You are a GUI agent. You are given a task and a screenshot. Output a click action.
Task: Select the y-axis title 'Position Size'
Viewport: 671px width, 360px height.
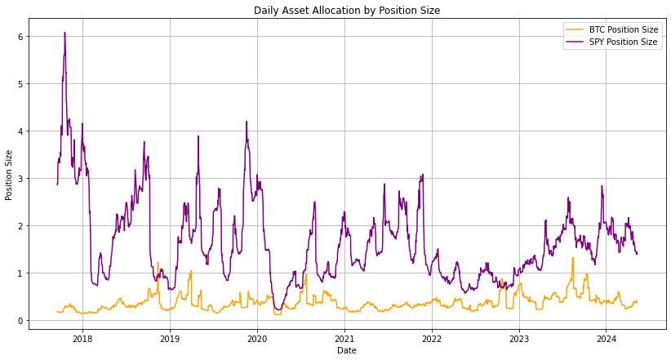(x=9, y=175)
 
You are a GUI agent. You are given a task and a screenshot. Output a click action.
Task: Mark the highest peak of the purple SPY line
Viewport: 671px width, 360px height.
(x=64, y=33)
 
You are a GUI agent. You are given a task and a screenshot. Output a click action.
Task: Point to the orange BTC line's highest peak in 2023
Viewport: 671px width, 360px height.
(x=572, y=258)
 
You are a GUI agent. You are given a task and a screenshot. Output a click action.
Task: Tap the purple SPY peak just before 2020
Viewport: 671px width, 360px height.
(x=247, y=122)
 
